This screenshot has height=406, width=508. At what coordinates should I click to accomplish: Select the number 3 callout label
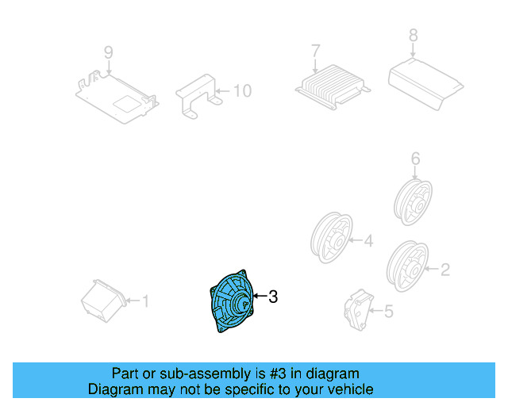[272, 297]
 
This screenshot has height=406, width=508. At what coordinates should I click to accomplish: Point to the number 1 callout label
[144, 301]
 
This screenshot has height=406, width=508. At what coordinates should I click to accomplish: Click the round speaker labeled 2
[406, 266]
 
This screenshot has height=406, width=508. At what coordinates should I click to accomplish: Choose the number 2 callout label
[444, 270]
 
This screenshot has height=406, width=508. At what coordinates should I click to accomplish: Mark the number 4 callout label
[368, 240]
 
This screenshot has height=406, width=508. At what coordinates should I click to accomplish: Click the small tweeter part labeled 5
[358, 309]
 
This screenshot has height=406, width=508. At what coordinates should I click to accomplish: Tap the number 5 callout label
[388, 312]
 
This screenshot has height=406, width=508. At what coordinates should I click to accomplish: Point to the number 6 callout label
[414, 159]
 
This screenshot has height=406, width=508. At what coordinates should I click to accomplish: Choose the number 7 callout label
[315, 51]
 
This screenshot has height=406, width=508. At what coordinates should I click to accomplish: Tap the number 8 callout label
[412, 35]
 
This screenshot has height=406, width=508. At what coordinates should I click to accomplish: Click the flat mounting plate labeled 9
[117, 96]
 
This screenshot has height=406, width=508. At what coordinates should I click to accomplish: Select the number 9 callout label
[108, 52]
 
